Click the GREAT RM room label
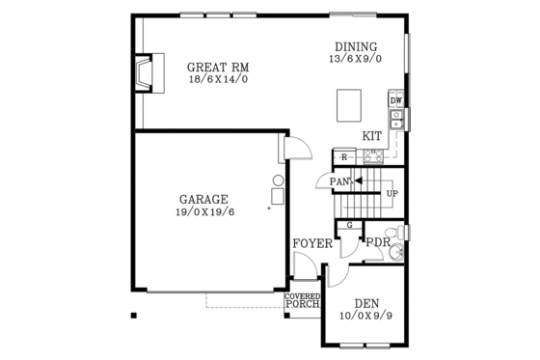[219, 67]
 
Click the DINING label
[356, 46]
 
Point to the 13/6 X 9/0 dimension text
[356, 59]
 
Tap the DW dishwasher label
[395, 100]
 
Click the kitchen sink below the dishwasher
[395, 119]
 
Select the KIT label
[372, 136]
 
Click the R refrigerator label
[343, 156]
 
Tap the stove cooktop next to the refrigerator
[371, 156]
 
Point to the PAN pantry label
[338, 180]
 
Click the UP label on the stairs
[391, 193]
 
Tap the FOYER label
[312, 243]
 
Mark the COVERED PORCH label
[302, 301]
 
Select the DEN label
[364, 303]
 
